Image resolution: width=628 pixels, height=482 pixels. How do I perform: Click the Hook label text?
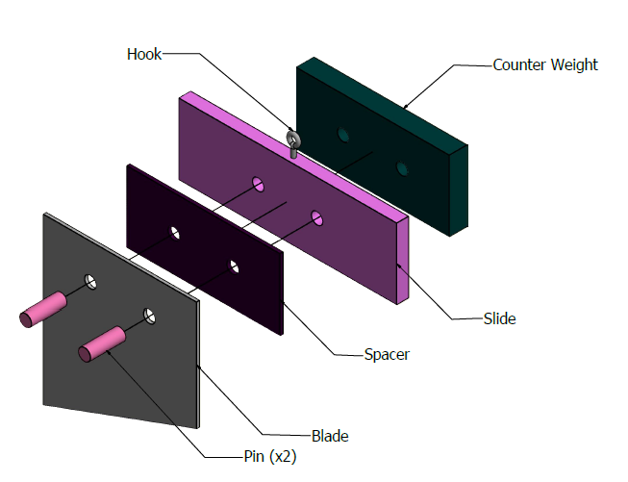(144, 54)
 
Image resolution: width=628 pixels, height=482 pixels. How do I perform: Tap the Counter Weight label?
(545, 64)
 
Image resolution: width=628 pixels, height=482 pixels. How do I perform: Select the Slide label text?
(499, 318)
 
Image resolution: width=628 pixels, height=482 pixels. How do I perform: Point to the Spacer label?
(387, 355)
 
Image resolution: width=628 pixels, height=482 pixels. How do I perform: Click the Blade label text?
(330, 436)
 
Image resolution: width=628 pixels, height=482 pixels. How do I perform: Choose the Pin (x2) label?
(270, 456)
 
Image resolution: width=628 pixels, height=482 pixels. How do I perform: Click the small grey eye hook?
(293, 143)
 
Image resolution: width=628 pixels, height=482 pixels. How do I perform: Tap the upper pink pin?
(43, 310)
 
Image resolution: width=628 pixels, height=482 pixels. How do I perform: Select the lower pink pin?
(102, 344)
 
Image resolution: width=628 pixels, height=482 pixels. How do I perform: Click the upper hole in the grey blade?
(90, 282)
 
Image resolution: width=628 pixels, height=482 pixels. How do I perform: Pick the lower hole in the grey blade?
(149, 317)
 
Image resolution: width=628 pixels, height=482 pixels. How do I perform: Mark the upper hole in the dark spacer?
(175, 233)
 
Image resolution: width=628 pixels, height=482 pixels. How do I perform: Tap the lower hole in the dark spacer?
(234, 266)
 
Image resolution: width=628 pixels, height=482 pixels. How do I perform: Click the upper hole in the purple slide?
(259, 185)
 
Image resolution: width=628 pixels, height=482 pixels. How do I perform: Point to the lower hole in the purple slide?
(317, 218)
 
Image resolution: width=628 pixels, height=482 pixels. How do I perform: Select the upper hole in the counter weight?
(342, 135)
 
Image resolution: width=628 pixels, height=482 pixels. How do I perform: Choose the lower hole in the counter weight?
(402, 168)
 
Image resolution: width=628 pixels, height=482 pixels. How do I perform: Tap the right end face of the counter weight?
(459, 190)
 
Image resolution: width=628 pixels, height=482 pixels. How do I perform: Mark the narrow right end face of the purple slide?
(403, 261)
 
